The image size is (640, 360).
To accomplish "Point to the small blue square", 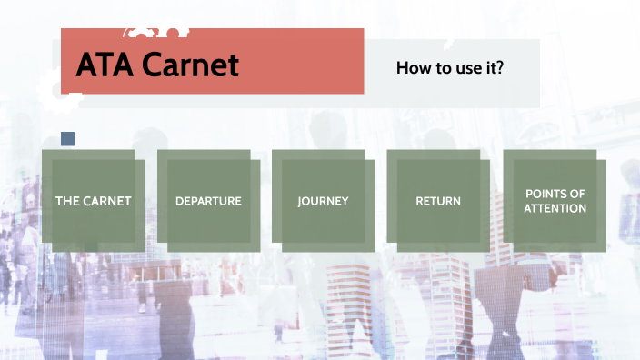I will [x=67, y=139].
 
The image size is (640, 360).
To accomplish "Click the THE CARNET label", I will [x=93, y=201].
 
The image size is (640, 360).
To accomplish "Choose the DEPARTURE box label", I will [x=208, y=201].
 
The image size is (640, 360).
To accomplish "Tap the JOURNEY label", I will [x=323, y=201].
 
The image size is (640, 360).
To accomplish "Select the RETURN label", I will [x=438, y=201].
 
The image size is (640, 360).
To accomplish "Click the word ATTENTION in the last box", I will [x=555, y=208].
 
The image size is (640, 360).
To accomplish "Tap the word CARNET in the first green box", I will [x=106, y=201].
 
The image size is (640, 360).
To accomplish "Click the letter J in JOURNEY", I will [x=300, y=201].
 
